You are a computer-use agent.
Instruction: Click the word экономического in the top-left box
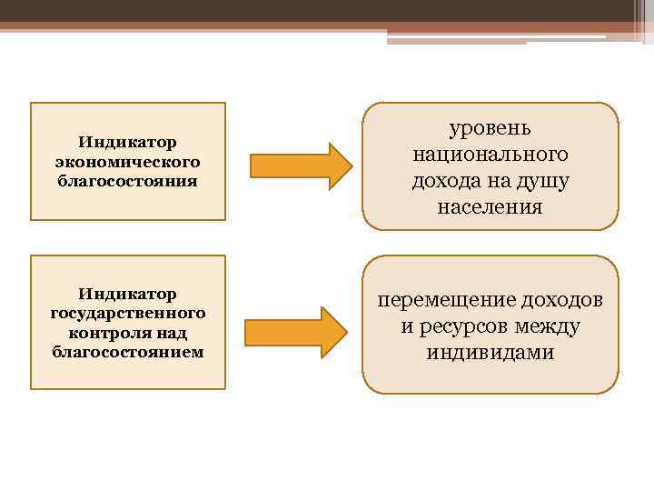point(127,161)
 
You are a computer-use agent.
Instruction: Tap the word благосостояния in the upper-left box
point(127,180)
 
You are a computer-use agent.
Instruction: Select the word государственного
point(127,313)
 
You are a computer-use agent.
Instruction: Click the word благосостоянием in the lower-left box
point(127,351)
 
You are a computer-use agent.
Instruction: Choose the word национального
point(490,155)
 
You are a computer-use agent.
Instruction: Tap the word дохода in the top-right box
point(444,181)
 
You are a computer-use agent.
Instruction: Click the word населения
point(490,207)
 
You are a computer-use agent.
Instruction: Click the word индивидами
point(490,352)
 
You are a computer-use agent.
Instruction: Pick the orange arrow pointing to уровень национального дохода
point(301,165)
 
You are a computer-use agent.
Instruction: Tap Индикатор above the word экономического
point(127,142)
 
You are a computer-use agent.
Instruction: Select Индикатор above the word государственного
point(127,294)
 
